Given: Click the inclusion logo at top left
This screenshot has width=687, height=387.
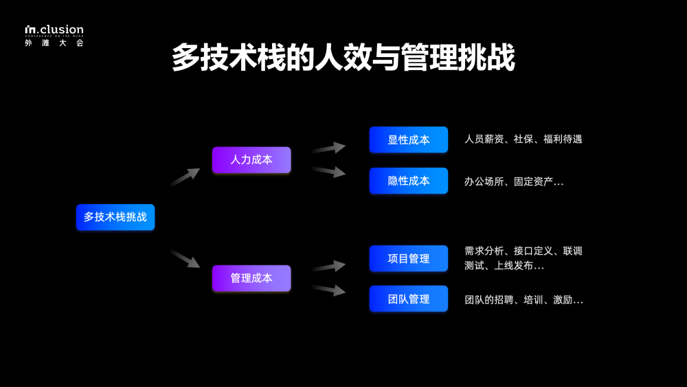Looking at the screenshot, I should click(54, 30).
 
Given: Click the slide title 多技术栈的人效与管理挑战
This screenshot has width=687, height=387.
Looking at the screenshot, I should click(343, 58).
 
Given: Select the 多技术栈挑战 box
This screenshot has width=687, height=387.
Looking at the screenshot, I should click(115, 217).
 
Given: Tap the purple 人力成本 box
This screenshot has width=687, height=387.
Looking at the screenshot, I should click(251, 159).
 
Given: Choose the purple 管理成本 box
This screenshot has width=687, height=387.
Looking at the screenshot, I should click(251, 278).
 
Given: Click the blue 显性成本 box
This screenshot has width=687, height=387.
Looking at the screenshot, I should click(409, 140).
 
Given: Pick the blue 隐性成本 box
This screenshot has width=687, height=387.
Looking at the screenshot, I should click(409, 181).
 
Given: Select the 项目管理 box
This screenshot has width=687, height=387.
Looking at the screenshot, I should click(409, 258).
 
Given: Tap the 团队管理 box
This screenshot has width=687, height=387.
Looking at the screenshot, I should click(409, 299).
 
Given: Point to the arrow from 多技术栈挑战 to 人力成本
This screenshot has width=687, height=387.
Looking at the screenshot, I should click(185, 177).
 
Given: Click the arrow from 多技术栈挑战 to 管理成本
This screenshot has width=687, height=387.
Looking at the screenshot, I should click(185, 258).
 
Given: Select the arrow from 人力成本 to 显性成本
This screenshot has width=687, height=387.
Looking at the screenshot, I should click(328, 148).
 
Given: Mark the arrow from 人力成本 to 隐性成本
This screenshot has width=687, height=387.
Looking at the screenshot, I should click(328, 171).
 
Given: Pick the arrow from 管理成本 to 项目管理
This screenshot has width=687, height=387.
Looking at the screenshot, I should click(328, 266).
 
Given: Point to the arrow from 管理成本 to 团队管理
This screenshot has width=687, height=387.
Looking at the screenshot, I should click(328, 289).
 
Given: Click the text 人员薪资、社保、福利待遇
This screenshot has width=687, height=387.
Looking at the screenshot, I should click(523, 139).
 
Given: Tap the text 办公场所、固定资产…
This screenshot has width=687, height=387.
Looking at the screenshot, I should click(514, 181).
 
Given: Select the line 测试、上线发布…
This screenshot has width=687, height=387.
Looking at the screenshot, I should click(504, 265).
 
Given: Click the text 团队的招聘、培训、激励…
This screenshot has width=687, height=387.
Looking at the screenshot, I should click(523, 300).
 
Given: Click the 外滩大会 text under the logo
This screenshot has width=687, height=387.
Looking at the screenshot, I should click(54, 43).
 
